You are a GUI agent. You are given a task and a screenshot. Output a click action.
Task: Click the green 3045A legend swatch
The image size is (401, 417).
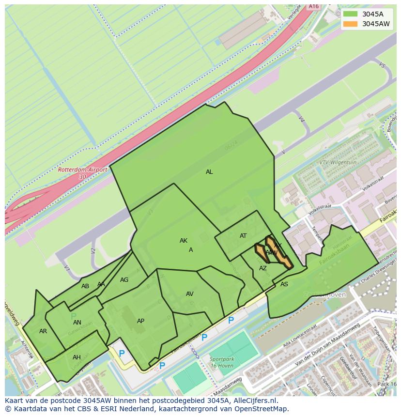(350, 14)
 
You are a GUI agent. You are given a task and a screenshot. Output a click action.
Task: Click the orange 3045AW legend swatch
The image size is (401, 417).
(350, 24)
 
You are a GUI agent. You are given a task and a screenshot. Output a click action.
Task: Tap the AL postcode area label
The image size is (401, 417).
(209, 172)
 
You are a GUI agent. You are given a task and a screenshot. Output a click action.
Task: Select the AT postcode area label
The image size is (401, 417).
(243, 236)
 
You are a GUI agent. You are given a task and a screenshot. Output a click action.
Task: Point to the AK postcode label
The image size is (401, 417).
(184, 241)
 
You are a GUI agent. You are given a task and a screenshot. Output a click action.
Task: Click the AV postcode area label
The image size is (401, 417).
(190, 294)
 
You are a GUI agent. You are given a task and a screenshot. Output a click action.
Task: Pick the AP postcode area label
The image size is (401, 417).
(140, 321)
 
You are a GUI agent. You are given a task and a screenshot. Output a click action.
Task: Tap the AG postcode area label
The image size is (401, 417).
(124, 280)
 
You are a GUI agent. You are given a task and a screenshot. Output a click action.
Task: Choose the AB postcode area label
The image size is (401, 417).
(85, 286)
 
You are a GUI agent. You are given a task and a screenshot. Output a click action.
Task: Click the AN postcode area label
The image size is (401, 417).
(77, 323)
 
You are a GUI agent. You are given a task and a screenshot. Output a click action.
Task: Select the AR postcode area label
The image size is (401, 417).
(43, 331)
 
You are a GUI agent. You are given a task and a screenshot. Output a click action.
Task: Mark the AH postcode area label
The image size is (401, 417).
(77, 357)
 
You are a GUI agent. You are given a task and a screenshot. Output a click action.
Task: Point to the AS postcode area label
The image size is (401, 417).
(284, 284)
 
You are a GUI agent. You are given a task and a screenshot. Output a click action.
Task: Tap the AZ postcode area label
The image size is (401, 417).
(263, 268)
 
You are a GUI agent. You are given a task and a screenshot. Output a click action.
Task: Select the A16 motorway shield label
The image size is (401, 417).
(314, 6)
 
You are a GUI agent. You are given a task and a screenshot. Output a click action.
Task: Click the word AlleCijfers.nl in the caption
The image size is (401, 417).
(254, 401)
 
